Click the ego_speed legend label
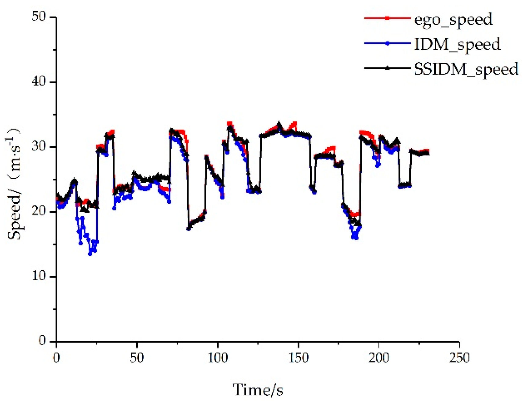click(453, 20)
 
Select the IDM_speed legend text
click(457, 45)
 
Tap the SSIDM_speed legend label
click(466, 69)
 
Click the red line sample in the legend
click(387, 18)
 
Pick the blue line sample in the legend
click(387, 43)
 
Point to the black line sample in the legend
click(387, 68)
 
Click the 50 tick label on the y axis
click(39, 16)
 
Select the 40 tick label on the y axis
click(39, 82)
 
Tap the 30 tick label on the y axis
click(39, 147)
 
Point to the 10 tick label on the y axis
click(39, 276)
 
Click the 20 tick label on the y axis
click(39, 211)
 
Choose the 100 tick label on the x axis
click(217, 358)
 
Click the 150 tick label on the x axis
click(298, 358)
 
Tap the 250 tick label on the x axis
click(459, 358)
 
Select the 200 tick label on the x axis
click(379, 358)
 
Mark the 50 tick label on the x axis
click(137, 358)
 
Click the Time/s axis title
click(257, 390)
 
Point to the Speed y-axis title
click(14, 183)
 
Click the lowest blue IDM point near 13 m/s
click(90, 254)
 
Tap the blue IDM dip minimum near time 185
click(356, 238)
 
